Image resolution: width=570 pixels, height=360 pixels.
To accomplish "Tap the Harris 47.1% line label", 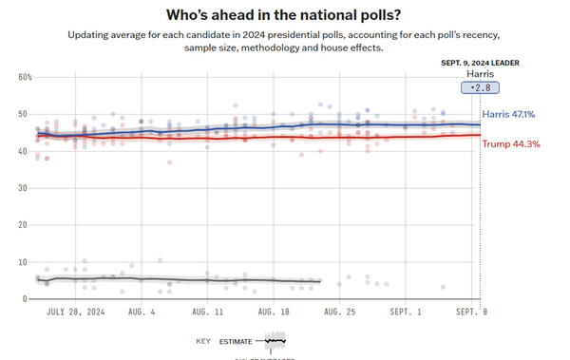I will click(x=508, y=114).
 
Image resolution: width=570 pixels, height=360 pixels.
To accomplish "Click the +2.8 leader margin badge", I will click(x=481, y=87).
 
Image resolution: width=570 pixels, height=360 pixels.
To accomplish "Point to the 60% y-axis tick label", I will click(x=25, y=77).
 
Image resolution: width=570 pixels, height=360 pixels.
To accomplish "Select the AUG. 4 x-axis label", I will click(x=141, y=312).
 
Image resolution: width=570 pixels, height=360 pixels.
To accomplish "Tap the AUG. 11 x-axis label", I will click(x=208, y=312).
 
